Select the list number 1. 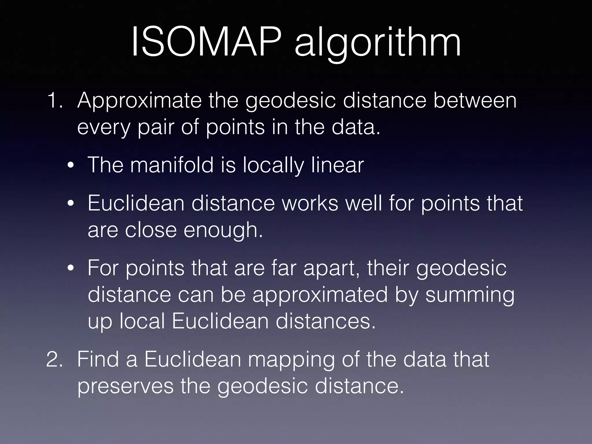point(55,100)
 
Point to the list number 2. point(55,359)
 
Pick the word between point(475,100)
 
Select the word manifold point(172,165)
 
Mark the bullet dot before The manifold point(71,166)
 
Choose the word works point(310,203)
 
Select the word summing point(470,296)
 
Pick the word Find point(98,359)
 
